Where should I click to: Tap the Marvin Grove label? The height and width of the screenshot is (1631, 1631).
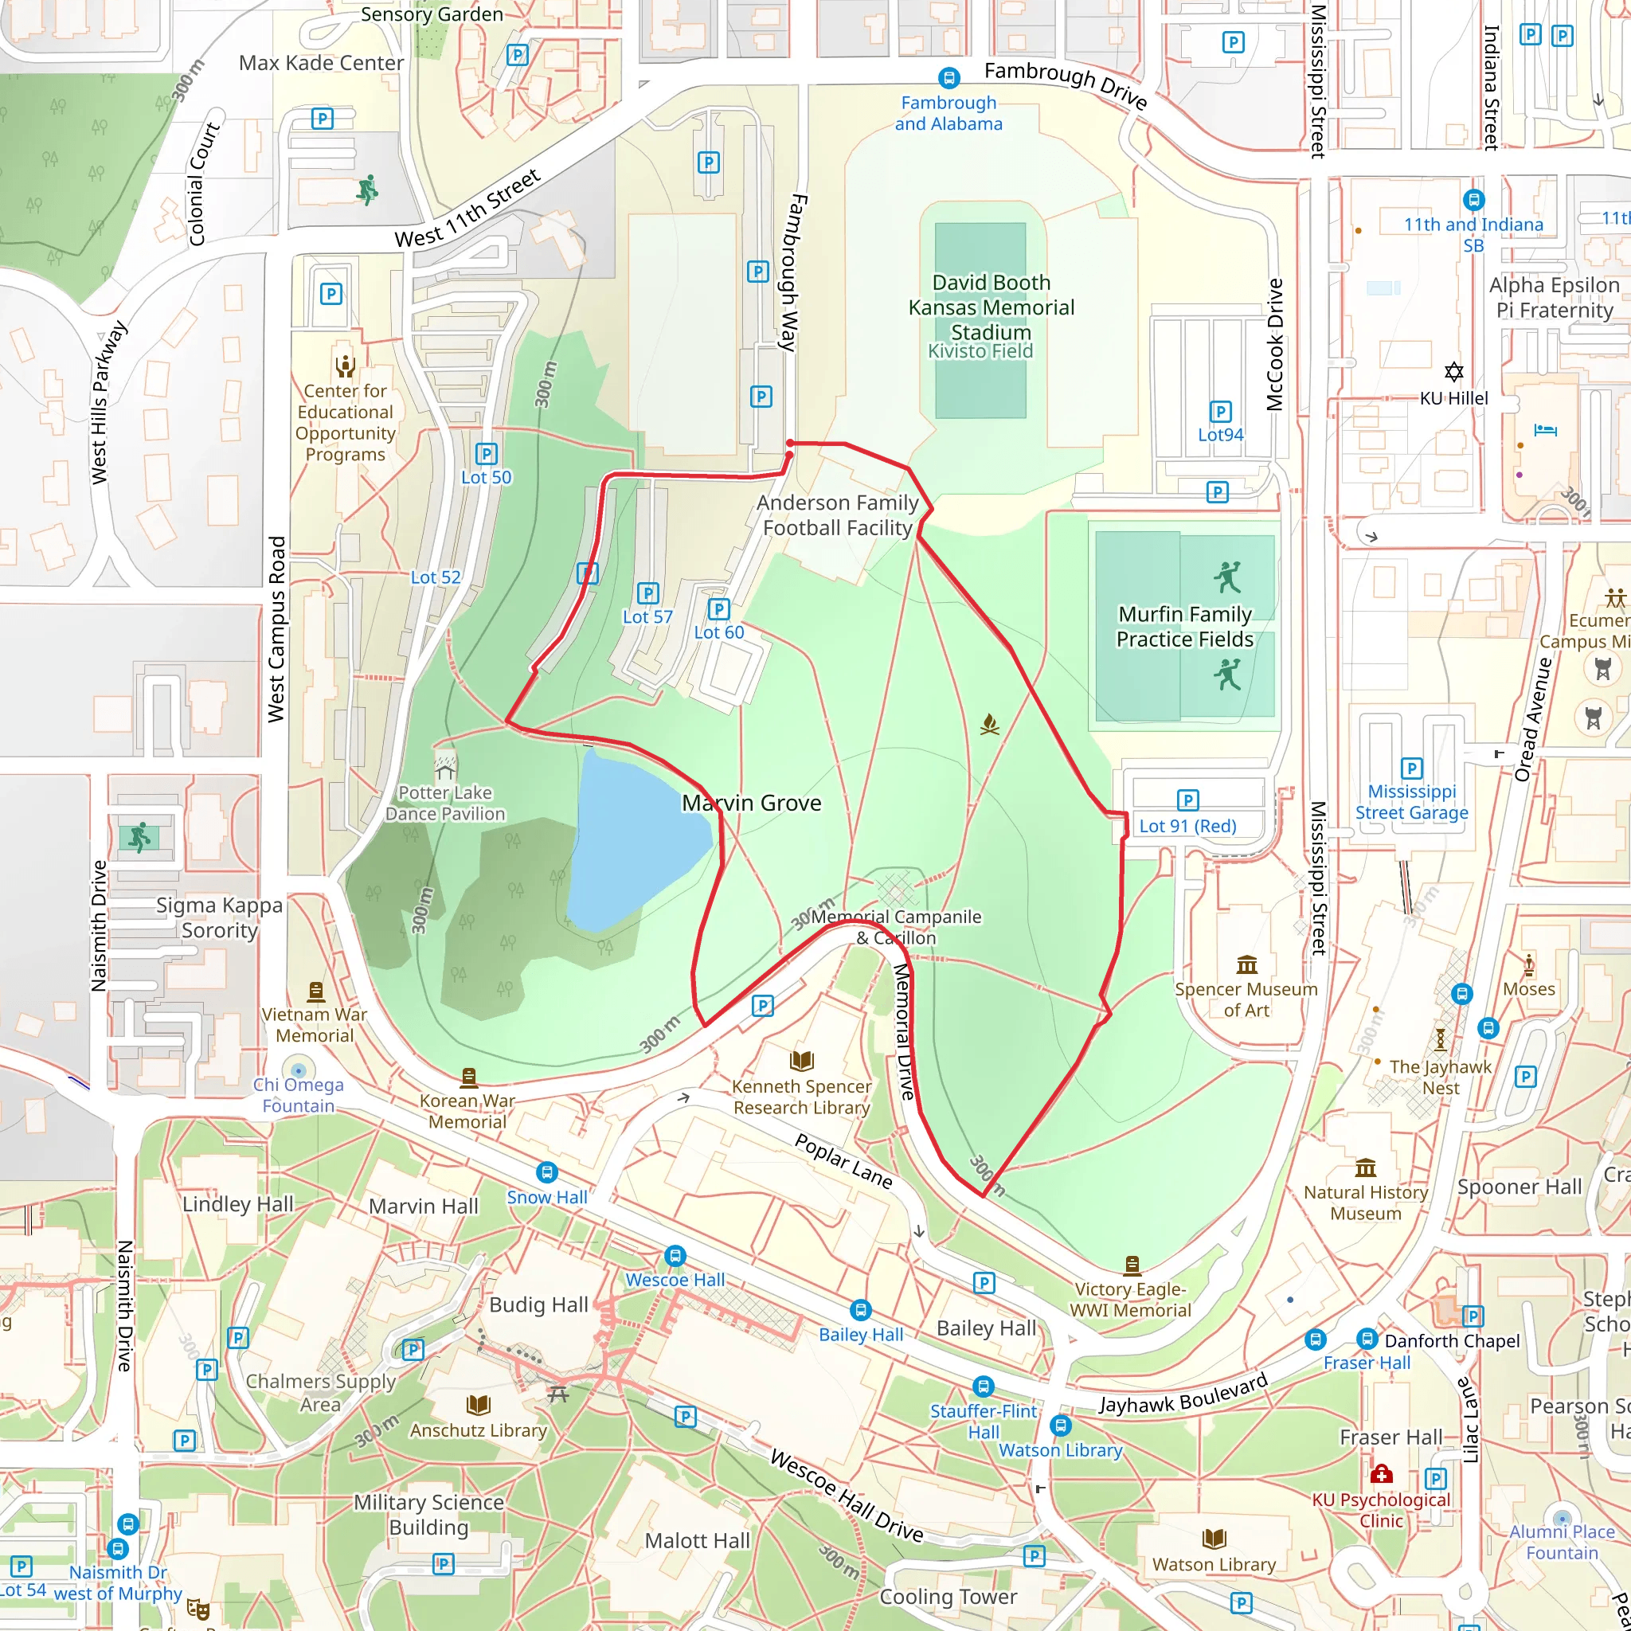pos(751,803)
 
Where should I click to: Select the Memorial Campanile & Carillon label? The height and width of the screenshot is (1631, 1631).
pos(896,927)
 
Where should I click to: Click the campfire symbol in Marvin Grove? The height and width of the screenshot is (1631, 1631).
pos(989,725)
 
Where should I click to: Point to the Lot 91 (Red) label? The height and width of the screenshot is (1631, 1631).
pos(1187,826)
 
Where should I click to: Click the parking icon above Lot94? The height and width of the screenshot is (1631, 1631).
pos(1220,411)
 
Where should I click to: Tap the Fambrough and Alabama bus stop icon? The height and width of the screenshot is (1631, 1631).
pos(948,79)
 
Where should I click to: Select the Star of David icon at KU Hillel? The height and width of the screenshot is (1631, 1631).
pos(1453,371)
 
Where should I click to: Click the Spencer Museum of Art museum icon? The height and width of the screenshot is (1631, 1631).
pos(1246,964)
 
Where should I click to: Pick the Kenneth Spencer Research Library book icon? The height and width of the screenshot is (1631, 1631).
pos(801,1060)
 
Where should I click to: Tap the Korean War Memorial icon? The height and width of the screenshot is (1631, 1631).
pos(468,1077)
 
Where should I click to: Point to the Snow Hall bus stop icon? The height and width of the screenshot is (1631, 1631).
pos(547,1171)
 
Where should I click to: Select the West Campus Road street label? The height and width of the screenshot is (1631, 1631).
pos(276,629)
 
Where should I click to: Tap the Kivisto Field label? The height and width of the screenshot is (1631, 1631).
pos(980,351)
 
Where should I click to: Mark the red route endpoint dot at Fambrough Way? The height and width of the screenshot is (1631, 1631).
pos(790,444)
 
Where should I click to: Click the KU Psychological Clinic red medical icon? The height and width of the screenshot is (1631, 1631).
pos(1381,1475)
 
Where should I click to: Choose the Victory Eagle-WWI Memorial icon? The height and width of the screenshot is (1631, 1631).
pos(1132,1264)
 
